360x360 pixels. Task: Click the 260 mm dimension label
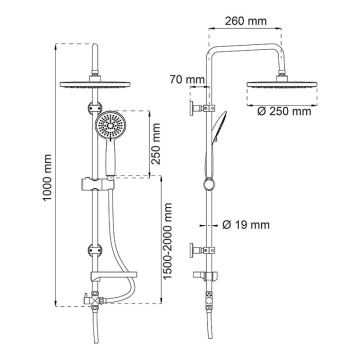click(x=245, y=21)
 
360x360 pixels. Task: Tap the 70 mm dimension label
click(x=187, y=79)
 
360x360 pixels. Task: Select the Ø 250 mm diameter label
click(x=284, y=111)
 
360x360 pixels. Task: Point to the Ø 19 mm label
click(x=246, y=225)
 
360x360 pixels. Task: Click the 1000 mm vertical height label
click(x=47, y=177)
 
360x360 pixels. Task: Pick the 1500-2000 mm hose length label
click(x=167, y=241)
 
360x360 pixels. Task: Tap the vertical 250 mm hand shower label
click(x=155, y=143)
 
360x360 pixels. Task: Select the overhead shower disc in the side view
click(x=282, y=84)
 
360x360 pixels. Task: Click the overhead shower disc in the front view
click(x=95, y=84)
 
